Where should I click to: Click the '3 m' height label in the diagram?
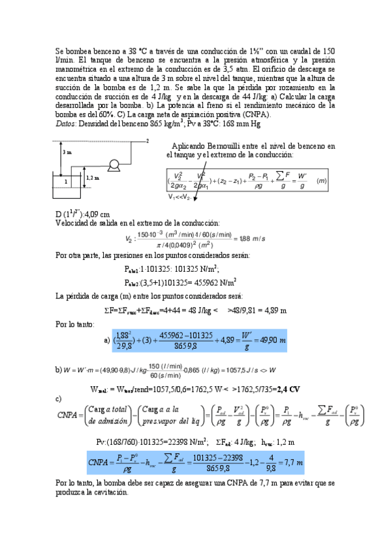67,152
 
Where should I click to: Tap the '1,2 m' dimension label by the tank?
93,178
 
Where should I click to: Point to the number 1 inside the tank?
66,181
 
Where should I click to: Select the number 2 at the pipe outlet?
148,140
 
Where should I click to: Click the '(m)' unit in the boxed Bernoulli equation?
321,180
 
